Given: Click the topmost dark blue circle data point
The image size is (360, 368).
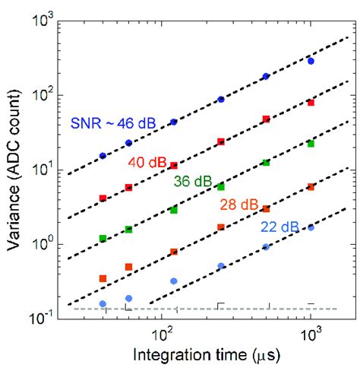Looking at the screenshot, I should (310, 61).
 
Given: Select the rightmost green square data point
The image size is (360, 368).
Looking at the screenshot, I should (310, 143).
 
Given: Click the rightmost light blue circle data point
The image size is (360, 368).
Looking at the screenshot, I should (310, 227).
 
